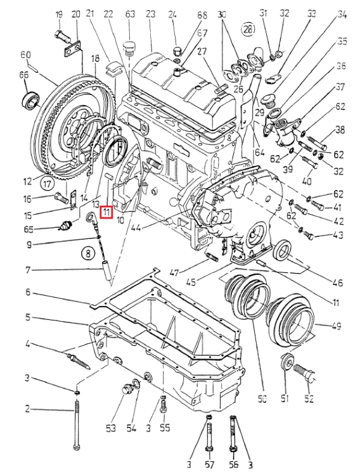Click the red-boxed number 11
click(x=106, y=212)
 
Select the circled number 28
click(x=248, y=29)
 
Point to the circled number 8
click(x=88, y=253)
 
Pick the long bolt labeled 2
click(x=76, y=425)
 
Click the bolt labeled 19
click(x=63, y=36)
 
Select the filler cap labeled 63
click(x=129, y=49)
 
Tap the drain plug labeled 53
click(x=126, y=389)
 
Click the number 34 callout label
click(x=342, y=14)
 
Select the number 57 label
click(x=210, y=464)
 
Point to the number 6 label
click(x=29, y=293)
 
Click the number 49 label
click(x=336, y=326)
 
